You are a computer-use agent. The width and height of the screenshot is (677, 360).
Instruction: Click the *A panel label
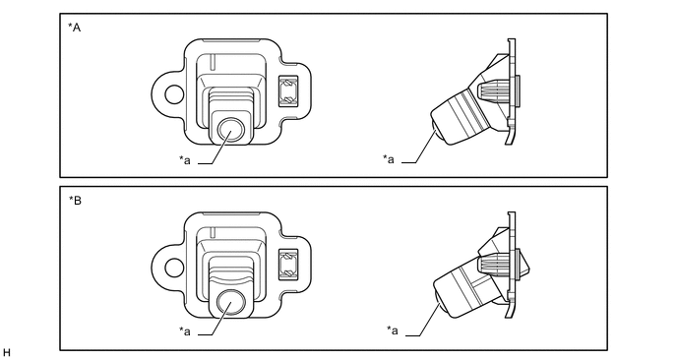coord(74,28)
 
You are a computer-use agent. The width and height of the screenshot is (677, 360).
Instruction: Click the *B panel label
coord(75,201)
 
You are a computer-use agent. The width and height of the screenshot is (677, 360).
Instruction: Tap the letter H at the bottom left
coord(7,353)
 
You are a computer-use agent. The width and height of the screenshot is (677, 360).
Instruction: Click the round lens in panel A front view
coord(231,130)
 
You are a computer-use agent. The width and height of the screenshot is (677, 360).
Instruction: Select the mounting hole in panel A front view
coord(174,94)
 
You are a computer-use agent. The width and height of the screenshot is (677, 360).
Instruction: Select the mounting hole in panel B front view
coord(174,268)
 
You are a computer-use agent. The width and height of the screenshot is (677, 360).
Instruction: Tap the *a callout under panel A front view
coord(185,160)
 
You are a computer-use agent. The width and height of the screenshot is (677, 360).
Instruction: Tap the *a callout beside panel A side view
coord(388,159)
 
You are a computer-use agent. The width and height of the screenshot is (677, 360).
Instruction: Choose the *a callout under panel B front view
coord(185,331)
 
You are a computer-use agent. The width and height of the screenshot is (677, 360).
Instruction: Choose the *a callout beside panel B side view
coord(393,330)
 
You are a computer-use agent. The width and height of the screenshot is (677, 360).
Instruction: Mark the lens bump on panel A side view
coord(435,130)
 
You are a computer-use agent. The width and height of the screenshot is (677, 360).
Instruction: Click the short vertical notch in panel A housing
coord(212,61)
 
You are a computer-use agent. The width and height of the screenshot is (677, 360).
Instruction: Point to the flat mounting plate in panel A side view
coord(511,91)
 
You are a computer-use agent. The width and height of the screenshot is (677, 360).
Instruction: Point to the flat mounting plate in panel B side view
coord(511,265)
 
